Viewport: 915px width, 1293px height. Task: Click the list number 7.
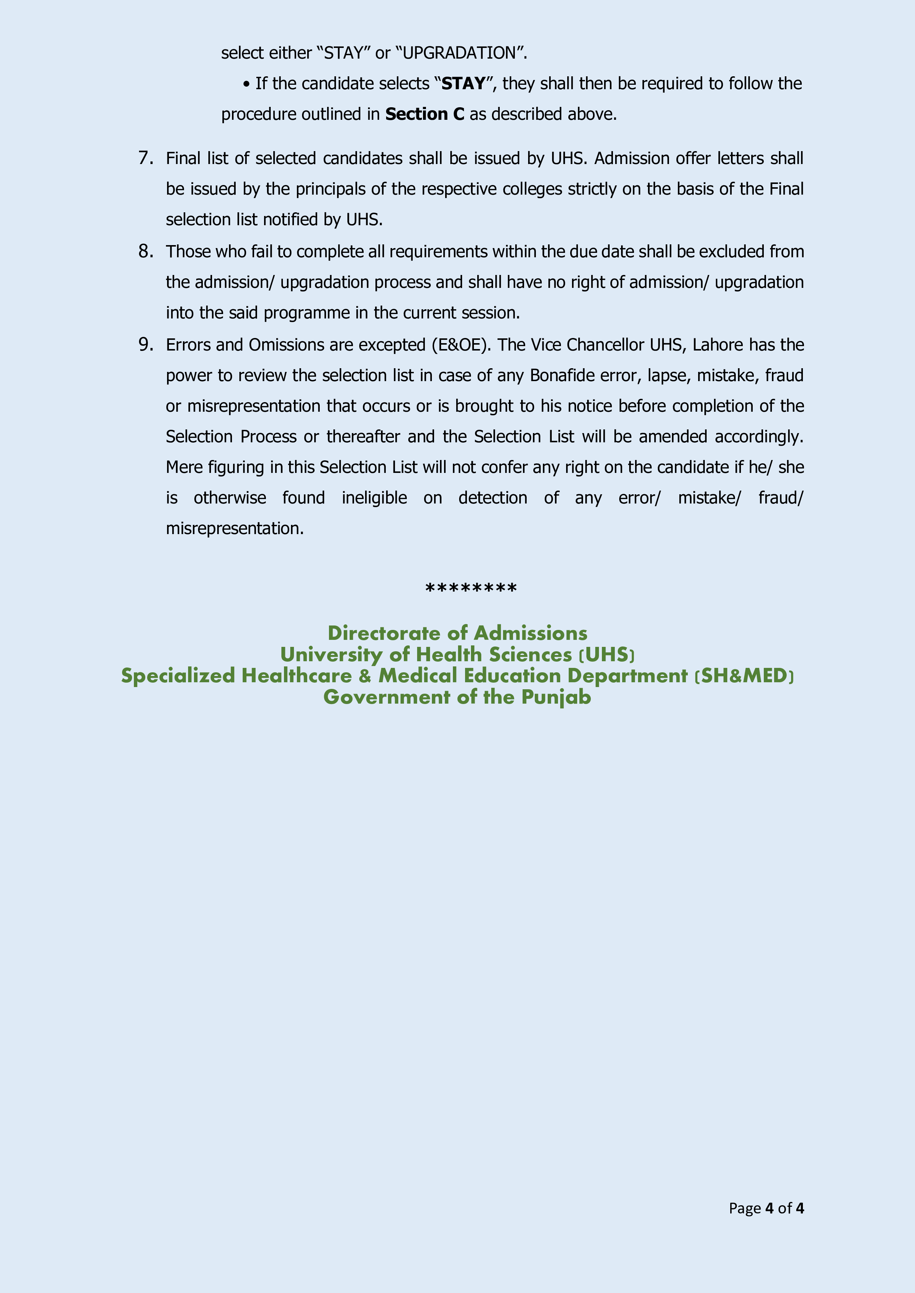tap(145, 158)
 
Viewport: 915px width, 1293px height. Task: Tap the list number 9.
tap(145, 344)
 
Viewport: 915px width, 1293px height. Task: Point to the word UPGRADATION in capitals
tap(459, 53)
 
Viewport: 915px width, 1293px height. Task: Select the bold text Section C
tap(425, 114)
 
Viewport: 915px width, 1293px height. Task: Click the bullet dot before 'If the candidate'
tap(246, 84)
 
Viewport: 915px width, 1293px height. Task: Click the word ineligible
tap(374, 498)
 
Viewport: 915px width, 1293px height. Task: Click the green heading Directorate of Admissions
tap(457, 633)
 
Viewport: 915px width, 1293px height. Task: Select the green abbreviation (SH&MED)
tap(744, 676)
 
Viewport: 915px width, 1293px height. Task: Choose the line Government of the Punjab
tap(457, 697)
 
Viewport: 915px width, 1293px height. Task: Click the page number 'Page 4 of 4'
tap(766, 1208)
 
